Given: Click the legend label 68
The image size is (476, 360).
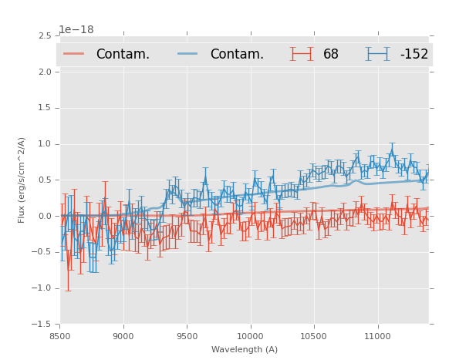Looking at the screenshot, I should [x=330, y=54].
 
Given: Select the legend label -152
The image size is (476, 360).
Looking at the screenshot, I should [x=414, y=54].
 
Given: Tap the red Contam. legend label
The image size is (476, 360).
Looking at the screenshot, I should [x=123, y=54].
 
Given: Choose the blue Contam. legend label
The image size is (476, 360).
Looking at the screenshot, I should [x=237, y=54].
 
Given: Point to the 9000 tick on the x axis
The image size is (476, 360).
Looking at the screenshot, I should [x=123, y=336].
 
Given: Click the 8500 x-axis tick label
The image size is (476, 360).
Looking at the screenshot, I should [x=60, y=336].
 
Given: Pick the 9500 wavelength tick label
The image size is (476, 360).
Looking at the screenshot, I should [x=187, y=336].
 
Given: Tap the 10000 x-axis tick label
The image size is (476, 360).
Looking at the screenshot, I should [x=250, y=336].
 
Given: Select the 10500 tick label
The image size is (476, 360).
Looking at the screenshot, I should [x=314, y=336].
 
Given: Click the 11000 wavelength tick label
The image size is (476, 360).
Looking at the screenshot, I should [x=377, y=336].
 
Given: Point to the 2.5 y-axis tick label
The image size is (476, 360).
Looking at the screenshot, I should [x=44, y=36].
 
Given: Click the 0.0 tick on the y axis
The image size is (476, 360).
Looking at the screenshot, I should [x=44, y=217].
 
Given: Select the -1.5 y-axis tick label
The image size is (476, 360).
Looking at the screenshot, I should [x=42, y=325].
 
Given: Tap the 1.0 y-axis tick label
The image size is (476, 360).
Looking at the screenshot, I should [x=44, y=144].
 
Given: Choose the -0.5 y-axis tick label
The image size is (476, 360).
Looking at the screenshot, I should [x=42, y=253].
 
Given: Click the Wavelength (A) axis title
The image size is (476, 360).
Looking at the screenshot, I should [x=245, y=349].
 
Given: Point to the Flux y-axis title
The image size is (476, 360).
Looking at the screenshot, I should [x=22, y=180].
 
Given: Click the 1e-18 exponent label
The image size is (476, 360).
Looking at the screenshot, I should [x=76, y=30].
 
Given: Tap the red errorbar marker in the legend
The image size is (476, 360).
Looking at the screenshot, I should [x=301, y=54].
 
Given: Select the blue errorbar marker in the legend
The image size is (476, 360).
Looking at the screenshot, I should [x=377, y=54].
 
